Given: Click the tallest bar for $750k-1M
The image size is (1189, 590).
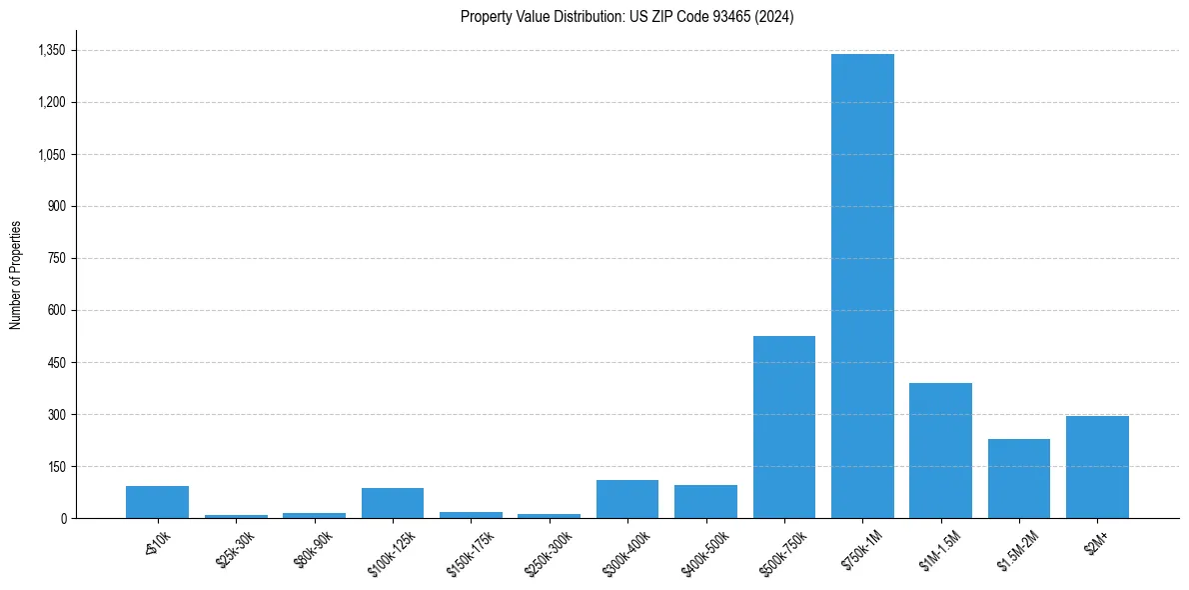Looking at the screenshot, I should click(862, 286).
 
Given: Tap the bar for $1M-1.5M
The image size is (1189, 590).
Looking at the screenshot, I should click(940, 450).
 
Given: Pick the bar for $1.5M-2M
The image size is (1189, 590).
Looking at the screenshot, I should click(1019, 478).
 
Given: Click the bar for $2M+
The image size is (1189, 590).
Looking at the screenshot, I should click(1097, 467).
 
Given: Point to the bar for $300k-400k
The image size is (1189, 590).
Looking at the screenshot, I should click(627, 499).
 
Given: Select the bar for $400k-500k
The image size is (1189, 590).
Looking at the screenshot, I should click(705, 501).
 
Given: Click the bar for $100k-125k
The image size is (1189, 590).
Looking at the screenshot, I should click(393, 503).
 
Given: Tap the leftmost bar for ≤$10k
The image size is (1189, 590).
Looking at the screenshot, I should click(157, 502).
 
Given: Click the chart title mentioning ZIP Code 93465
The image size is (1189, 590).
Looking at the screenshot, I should click(626, 16).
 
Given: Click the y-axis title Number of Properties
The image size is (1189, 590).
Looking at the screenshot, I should click(16, 274).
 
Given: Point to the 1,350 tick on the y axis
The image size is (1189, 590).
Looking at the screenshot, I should click(51, 50).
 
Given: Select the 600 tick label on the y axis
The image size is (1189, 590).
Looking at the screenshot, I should click(56, 310).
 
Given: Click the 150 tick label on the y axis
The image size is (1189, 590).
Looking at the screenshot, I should click(56, 466).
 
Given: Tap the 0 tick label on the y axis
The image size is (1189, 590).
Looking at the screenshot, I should click(63, 518).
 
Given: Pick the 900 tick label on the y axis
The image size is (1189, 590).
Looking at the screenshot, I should click(56, 206).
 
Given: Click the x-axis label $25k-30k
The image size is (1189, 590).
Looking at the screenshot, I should click(236, 549).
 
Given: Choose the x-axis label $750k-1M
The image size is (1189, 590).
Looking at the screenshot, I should click(862, 549).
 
